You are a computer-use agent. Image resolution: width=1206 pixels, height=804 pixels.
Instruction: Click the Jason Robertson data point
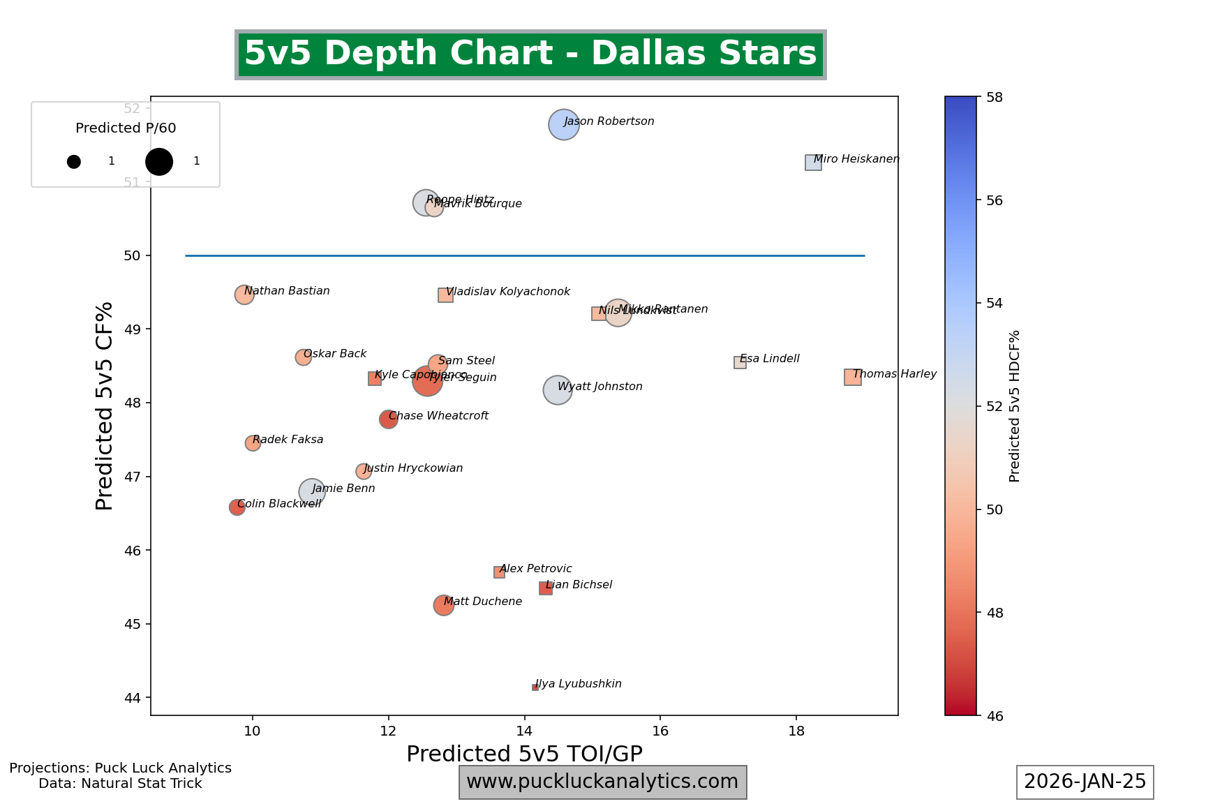(x=564, y=125)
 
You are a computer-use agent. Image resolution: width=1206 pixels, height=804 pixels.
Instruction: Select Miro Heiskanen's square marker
(x=813, y=163)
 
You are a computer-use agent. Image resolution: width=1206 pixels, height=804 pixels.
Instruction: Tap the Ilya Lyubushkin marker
(x=535, y=687)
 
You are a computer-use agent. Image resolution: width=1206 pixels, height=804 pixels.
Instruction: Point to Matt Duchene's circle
(x=443, y=605)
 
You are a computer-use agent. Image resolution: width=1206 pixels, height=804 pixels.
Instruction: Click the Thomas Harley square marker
(x=852, y=378)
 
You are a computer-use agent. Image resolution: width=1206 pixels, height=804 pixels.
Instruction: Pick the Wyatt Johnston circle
(x=557, y=390)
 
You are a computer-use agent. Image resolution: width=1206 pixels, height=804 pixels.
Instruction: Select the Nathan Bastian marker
(x=244, y=295)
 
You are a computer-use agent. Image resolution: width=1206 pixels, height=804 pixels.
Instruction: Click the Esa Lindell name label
(x=769, y=359)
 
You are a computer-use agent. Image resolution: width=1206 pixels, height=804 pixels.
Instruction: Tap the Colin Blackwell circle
(x=237, y=507)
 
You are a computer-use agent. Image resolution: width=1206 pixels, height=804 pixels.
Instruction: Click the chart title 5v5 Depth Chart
(x=530, y=54)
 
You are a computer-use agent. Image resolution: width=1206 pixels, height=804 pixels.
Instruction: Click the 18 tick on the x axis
(x=796, y=730)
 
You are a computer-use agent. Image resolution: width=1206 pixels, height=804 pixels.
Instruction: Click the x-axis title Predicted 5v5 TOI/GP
(x=524, y=754)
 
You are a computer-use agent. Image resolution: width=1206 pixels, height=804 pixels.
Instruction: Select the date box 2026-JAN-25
(x=1085, y=782)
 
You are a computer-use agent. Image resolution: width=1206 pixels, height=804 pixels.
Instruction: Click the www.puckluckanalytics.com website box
(x=602, y=782)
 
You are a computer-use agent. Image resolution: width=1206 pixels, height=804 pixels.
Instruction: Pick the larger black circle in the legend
(x=159, y=161)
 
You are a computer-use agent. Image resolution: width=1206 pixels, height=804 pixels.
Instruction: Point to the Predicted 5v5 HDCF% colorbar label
(x=1015, y=405)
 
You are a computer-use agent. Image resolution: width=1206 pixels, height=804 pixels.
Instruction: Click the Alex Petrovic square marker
(x=499, y=572)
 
